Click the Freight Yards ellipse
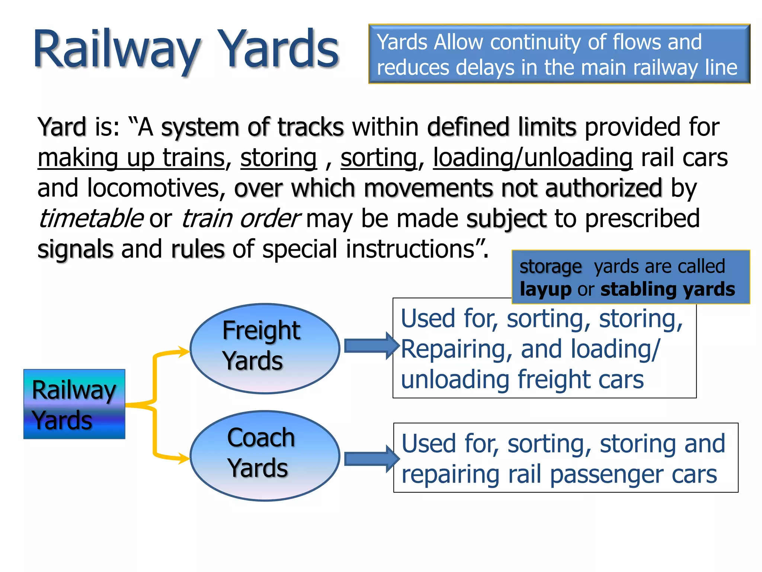(265, 349)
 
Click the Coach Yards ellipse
(265, 456)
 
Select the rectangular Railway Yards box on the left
(74, 404)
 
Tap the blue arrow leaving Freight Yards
(371, 346)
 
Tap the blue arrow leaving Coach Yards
(371, 459)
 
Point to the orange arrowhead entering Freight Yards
(183, 351)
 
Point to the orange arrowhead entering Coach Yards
(183, 458)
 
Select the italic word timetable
(90, 219)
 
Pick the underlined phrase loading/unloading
(532, 158)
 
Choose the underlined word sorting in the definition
(378, 158)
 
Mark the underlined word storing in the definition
(278, 158)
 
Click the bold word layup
(545, 290)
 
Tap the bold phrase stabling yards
(667, 289)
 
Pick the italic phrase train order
(240, 219)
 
